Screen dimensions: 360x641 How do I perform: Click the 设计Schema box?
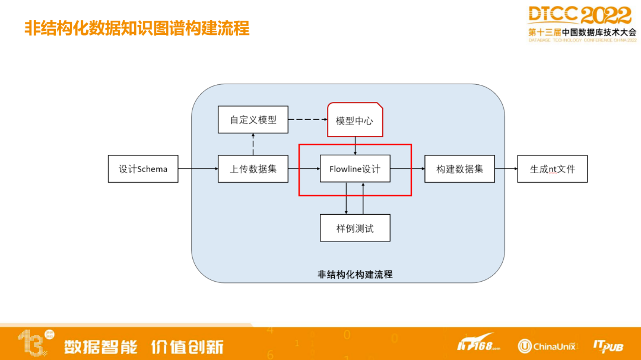pyautogui.click(x=143, y=169)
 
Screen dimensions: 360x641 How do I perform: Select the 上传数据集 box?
pyautogui.click(x=253, y=169)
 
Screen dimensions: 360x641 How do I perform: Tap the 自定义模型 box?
pyautogui.click(x=253, y=119)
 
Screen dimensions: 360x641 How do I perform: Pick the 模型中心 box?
pyautogui.click(x=355, y=120)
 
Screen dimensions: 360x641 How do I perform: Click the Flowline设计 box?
pyautogui.click(x=355, y=169)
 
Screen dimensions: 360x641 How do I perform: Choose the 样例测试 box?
pyautogui.click(x=355, y=228)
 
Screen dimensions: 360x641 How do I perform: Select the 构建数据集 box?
pyautogui.click(x=460, y=169)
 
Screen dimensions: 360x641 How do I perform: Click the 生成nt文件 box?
pyautogui.click(x=553, y=169)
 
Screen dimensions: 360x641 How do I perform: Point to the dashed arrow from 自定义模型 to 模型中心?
pyautogui.click(x=307, y=119)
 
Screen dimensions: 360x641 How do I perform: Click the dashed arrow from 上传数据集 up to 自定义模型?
pyautogui.click(x=253, y=144)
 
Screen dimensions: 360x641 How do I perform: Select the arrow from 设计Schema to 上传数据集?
pyautogui.click(x=198, y=169)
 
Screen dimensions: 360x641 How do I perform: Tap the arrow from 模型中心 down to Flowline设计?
pyautogui.click(x=355, y=146)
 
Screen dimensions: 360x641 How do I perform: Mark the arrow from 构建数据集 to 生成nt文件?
pyautogui.click(x=506, y=169)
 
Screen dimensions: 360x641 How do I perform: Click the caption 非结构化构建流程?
pyautogui.click(x=355, y=275)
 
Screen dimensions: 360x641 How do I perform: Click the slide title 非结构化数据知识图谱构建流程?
pyautogui.click(x=137, y=28)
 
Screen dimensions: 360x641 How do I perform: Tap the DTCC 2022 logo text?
pyautogui.click(x=579, y=15)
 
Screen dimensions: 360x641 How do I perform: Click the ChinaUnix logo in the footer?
pyautogui.click(x=547, y=346)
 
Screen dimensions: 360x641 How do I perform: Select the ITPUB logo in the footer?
pyautogui.click(x=608, y=346)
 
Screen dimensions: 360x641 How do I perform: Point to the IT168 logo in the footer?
pyautogui.click(x=478, y=344)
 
